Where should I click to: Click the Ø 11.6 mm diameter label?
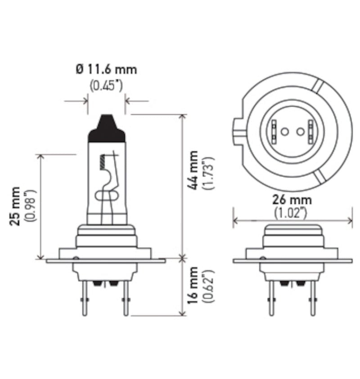[x=106, y=70]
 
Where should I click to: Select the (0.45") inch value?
[x=106, y=85]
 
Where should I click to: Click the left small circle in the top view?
[x=284, y=131]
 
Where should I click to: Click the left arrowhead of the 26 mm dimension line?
[x=235, y=220]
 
